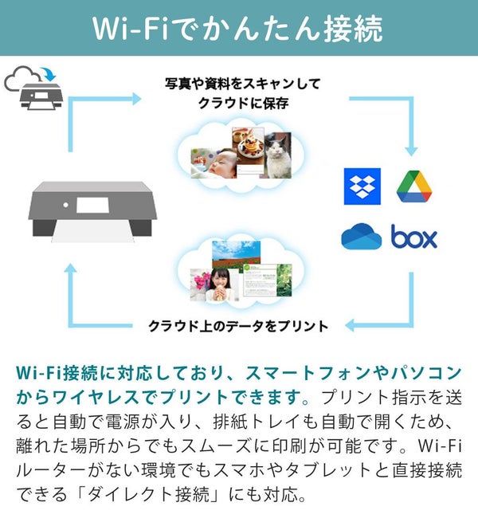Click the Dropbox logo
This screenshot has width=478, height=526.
point(362,186)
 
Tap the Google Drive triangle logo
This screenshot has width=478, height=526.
point(414,186)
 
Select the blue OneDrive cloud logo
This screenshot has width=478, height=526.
point(361,237)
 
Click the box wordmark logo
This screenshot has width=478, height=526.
point(414,236)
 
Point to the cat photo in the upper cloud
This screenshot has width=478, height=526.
point(278,155)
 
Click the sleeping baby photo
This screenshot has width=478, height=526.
point(214,163)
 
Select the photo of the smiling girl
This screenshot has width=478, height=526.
point(214,285)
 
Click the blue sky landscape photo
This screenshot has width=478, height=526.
point(236,254)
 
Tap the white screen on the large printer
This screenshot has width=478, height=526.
point(92,206)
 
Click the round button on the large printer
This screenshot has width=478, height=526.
point(66,205)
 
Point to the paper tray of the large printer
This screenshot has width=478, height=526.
point(92,231)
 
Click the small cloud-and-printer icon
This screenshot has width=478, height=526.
point(33,88)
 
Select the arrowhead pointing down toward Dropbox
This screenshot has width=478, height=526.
point(411,151)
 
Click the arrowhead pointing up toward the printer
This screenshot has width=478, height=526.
point(70,269)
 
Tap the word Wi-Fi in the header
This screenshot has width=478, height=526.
point(130,29)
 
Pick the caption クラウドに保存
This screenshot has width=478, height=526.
point(243,103)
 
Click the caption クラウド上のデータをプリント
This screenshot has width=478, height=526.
point(238,326)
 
